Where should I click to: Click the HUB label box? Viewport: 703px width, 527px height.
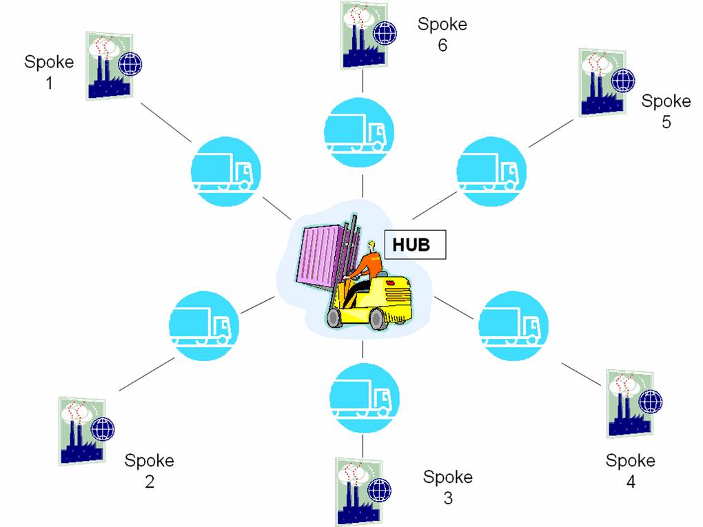[x=415, y=245]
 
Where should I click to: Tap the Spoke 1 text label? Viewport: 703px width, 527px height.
[x=49, y=72]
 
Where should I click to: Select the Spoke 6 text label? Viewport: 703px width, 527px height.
[x=442, y=34]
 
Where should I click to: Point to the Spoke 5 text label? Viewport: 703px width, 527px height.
[x=666, y=111]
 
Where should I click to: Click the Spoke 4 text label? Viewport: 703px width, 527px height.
[x=631, y=471]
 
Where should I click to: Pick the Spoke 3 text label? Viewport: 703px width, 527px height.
[x=448, y=487]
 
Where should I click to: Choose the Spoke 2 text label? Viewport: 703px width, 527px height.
[x=150, y=471]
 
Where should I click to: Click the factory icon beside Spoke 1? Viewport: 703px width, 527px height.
[x=114, y=65]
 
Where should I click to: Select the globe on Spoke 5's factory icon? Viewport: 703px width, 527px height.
[x=623, y=81]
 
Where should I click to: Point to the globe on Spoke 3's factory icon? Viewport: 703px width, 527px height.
[x=379, y=490]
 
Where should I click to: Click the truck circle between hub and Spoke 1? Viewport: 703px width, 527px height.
[x=225, y=172]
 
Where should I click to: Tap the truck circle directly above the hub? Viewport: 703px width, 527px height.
[x=358, y=132]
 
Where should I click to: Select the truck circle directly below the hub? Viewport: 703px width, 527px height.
[x=364, y=398]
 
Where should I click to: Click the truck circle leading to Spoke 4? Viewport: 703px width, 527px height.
[x=513, y=326]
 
